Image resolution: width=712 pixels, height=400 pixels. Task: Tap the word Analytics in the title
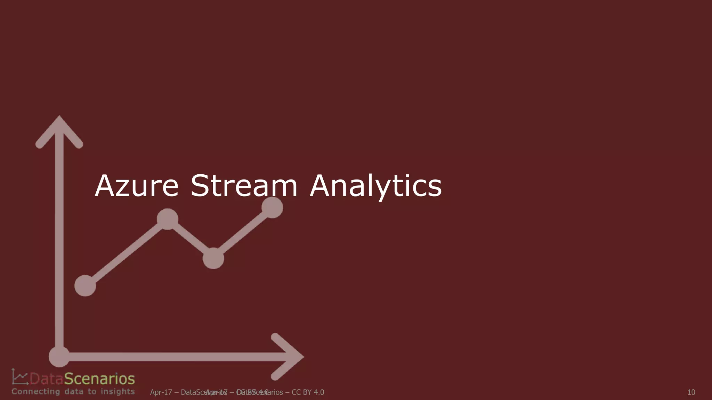(375, 186)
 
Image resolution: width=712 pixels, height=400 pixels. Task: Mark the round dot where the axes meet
(59, 357)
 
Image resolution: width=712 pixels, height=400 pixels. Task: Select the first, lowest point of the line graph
(85, 285)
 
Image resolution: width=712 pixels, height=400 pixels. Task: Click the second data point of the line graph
(168, 219)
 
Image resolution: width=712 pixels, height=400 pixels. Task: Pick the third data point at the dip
(213, 258)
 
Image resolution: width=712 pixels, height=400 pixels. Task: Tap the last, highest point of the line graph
(272, 207)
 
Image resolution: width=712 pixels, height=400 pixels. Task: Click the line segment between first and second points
(126, 252)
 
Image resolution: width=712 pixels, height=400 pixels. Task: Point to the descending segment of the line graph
(191, 239)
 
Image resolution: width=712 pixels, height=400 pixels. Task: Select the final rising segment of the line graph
(243, 233)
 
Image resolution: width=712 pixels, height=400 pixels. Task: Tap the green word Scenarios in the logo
(99, 379)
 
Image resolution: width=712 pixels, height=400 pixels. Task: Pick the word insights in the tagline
(118, 392)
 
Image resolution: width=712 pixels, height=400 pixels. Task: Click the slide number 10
(691, 392)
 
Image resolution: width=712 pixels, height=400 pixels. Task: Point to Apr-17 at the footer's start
(161, 392)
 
